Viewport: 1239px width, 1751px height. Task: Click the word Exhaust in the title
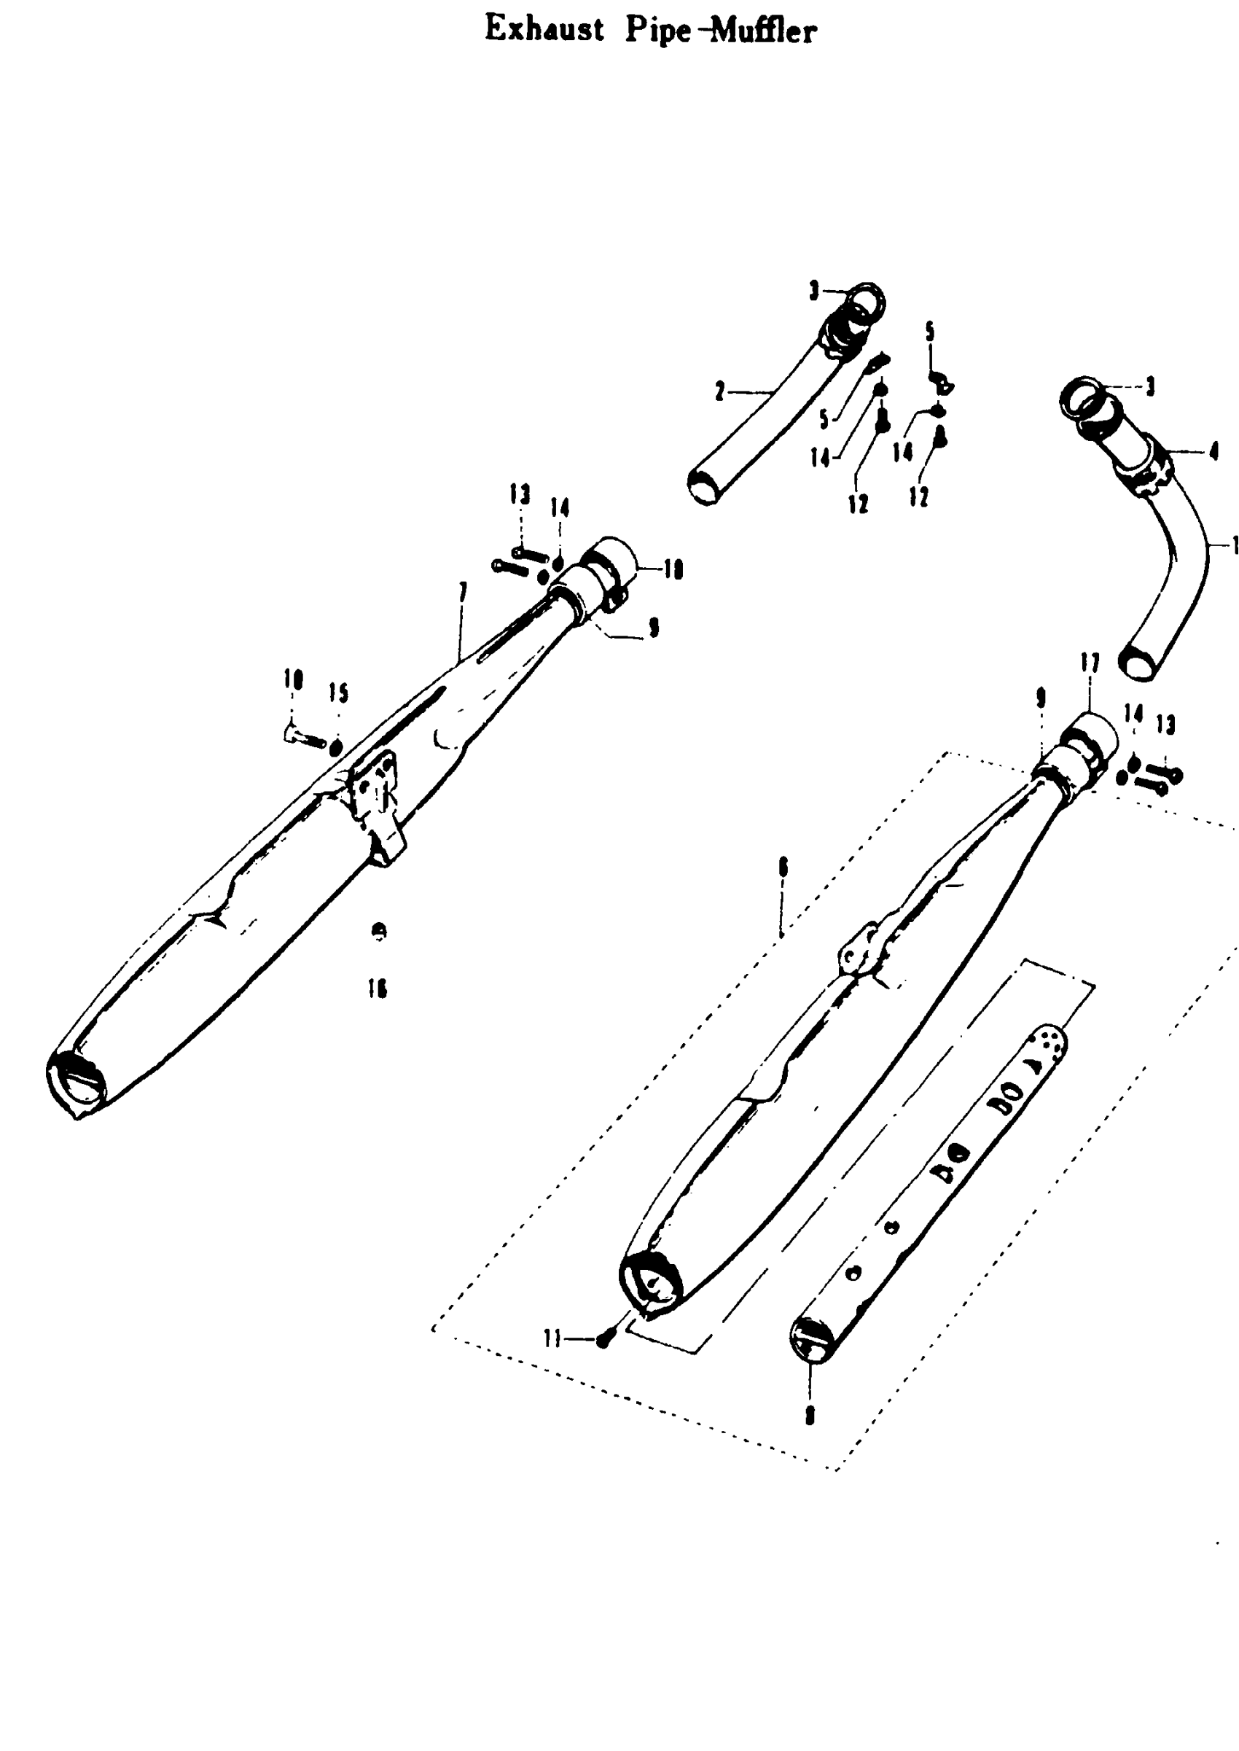544,30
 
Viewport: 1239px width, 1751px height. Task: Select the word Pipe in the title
658,31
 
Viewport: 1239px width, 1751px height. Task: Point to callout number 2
719,392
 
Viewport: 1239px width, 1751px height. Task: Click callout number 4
1213,452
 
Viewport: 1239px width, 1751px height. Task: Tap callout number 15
339,693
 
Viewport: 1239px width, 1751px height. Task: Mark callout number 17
1090,664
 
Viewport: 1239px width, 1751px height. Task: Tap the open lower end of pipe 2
706,486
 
